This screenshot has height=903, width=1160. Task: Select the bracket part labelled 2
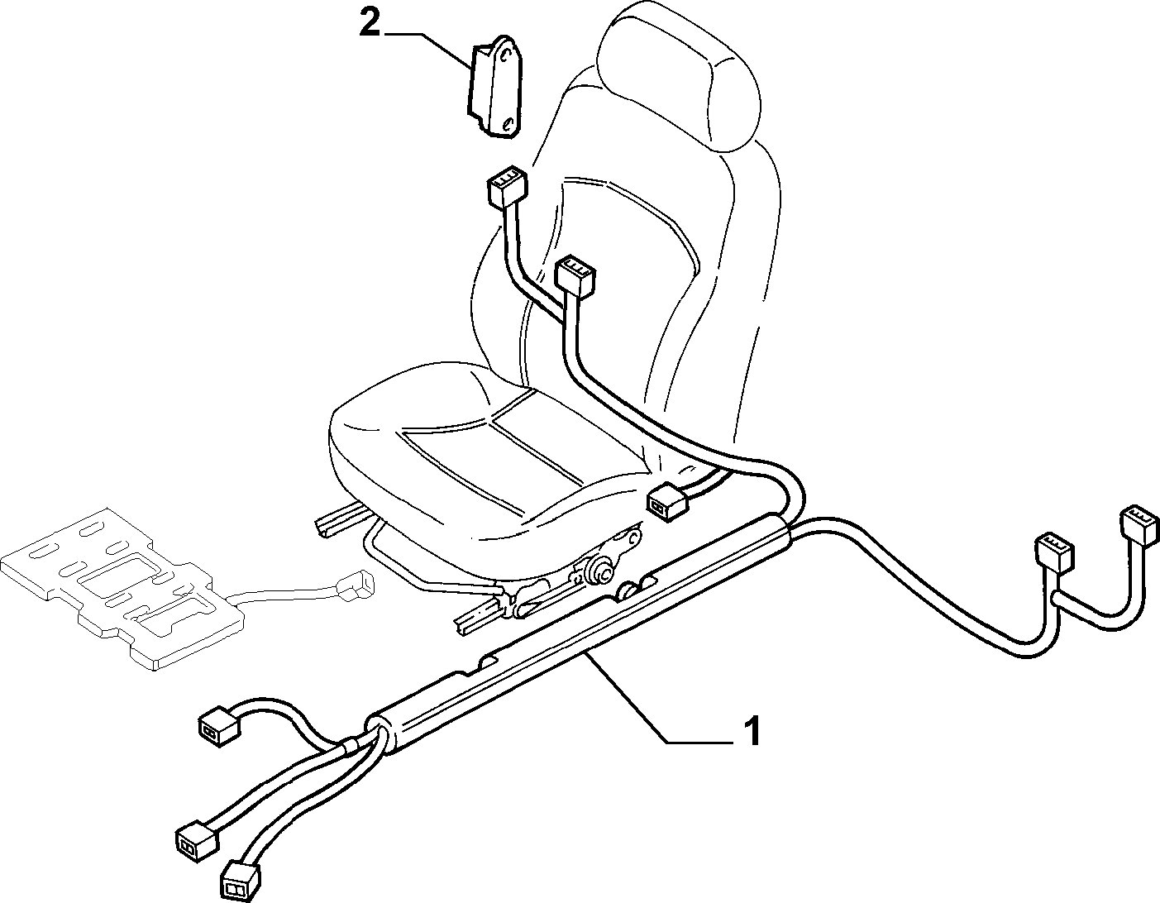pos(495,87)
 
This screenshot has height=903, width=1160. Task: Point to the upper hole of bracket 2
pos(503,54)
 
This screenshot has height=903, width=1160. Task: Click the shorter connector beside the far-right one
pos(1054,554)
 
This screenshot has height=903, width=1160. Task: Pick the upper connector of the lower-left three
pos(219,728)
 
